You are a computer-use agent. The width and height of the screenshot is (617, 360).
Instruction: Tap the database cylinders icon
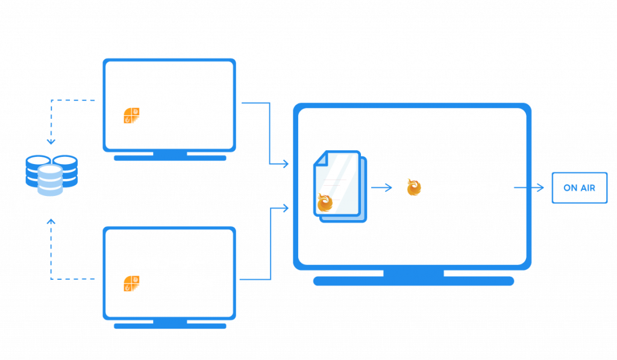[52, 175]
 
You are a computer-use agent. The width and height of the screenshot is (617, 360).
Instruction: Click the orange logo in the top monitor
[131, 115]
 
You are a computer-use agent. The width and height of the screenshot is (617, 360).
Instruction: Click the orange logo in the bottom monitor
[131, 283]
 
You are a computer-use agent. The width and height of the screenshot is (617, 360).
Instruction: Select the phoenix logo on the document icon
[325, 202]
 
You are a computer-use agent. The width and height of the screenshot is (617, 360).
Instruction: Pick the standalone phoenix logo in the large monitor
[414, 187]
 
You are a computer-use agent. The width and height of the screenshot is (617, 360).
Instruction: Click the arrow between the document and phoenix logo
[381, 188]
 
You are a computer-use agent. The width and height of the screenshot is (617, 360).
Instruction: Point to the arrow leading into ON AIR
[529, 188]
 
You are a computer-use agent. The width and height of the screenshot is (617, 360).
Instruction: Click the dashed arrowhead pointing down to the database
[51, 141]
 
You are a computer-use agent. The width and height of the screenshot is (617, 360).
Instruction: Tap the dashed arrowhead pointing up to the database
[51, 222]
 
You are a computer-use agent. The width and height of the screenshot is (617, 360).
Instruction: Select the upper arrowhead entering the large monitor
[285, 163]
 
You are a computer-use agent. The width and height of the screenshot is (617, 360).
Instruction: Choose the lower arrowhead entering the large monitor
[285, 208]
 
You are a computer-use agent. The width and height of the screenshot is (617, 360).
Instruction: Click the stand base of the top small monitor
[170, 158]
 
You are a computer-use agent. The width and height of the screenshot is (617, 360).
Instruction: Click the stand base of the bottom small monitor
[170, 326]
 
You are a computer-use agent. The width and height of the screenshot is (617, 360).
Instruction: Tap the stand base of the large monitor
[413, 281]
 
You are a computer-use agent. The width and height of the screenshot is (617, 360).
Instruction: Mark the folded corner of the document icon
[321, 158]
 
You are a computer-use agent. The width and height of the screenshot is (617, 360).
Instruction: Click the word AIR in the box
[588, 188]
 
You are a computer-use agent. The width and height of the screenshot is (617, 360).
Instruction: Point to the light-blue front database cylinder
[51, 180]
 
